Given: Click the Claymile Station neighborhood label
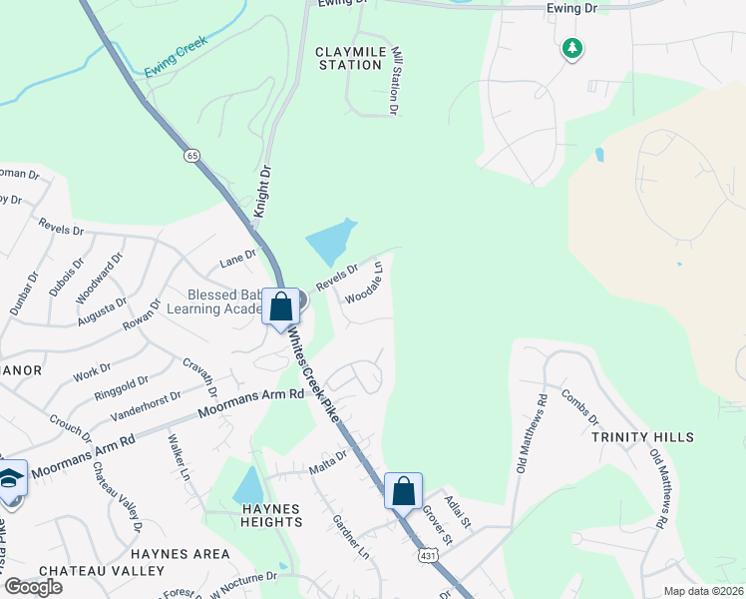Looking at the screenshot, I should (x=349, y=58).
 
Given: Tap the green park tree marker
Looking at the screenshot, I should (x=571, y=48).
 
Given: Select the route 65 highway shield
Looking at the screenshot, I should (x=191, y=156).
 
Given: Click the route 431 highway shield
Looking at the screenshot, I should (x=428, y=554).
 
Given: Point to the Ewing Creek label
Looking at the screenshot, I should (x=175, y=58).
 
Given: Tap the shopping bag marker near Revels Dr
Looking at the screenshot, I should (x=281, y=305).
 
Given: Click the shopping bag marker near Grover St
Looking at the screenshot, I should (x=403, y=491).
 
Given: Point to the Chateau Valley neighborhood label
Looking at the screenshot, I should (x=102, y=571).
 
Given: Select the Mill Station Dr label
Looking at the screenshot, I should (x=396, y=77).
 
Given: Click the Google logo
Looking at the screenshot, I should (x=33, y=586).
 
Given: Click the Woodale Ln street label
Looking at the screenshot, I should (x=365, y=284).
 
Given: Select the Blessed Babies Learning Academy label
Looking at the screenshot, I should (x=226, y=301).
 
